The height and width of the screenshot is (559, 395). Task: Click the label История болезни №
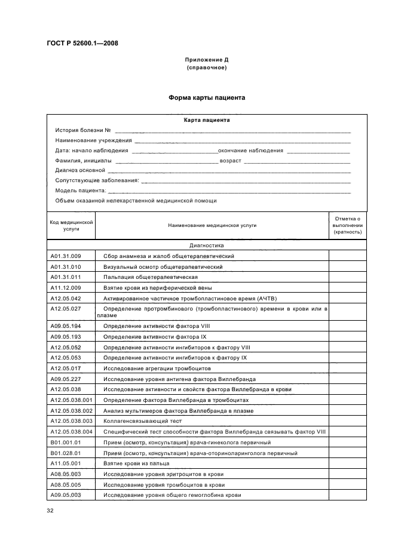coord(83,130)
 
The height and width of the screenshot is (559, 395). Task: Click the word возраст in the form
coord(230,160)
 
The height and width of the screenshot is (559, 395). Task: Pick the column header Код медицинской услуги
coord(71,225)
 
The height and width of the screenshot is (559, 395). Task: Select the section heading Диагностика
coord(206,245)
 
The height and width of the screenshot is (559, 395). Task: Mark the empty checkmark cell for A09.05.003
coord(347,495)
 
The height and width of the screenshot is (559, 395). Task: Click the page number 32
coord(50,511)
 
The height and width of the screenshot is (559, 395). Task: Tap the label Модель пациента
coord(81,191)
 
